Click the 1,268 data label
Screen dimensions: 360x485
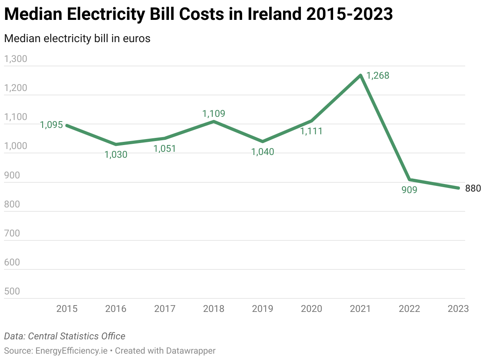377,75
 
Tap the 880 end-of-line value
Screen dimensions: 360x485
473,188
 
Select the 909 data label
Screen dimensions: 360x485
409,190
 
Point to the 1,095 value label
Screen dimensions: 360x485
51,125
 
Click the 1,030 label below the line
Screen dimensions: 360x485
116,155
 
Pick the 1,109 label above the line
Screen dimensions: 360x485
214,114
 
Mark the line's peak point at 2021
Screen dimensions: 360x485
361,75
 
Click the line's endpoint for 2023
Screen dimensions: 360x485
458,188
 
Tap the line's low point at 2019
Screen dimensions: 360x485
263,141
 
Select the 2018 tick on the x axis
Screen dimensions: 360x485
214,309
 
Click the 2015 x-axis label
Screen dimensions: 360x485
67,309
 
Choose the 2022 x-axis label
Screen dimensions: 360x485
409,309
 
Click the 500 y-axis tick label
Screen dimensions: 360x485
12,291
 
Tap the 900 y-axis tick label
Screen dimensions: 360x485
12,175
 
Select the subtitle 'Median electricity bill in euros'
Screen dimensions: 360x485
77,39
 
